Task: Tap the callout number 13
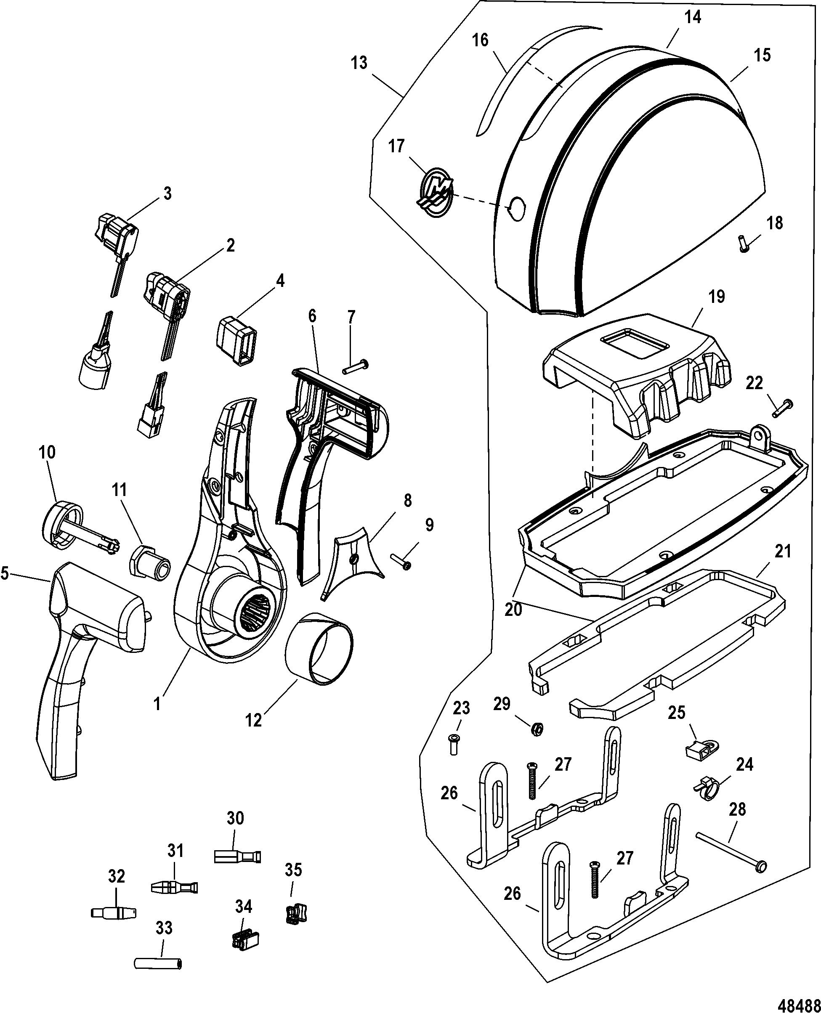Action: coord(359,62)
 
